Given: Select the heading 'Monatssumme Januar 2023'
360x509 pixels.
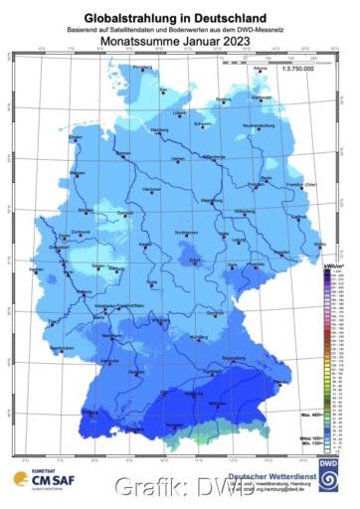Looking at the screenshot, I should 180,42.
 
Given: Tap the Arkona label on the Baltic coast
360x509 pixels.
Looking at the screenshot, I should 262,66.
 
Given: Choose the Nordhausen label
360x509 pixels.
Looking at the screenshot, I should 188,232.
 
